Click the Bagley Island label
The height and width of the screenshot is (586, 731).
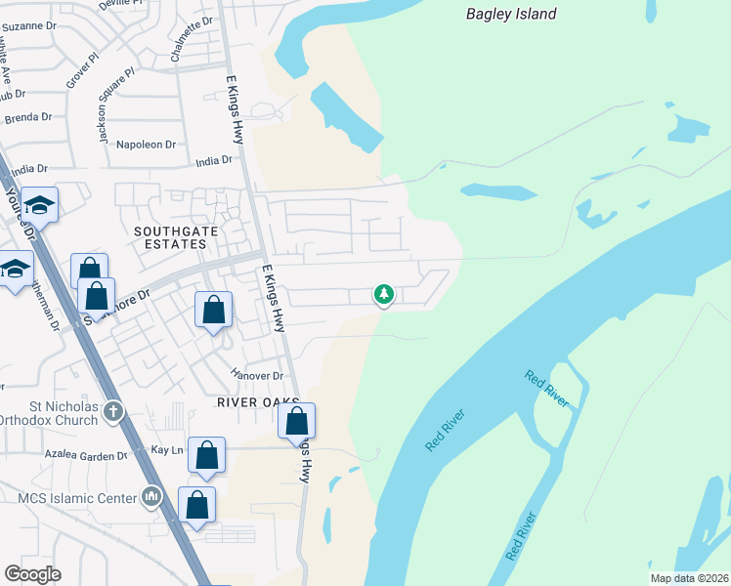[511, 14]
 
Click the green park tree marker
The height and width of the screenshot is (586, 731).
[384, 293]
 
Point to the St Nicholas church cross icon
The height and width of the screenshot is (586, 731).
[113, 411]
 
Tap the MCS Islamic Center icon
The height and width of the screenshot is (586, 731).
[150, 498]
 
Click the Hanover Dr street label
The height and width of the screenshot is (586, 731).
[257, 375]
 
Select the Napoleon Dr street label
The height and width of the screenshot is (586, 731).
[146, 144]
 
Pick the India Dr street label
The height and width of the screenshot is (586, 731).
[214, 162]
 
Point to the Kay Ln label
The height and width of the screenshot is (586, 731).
[167, 449]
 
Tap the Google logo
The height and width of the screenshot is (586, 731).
[32, 574]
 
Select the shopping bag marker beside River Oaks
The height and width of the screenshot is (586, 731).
[297, 423]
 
